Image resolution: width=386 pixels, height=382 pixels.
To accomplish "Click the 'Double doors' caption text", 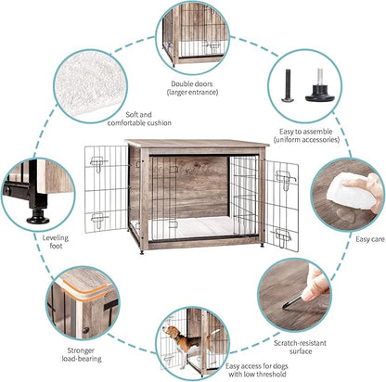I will coord(193,87).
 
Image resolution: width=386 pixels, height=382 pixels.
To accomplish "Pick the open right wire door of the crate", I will coord(282,205).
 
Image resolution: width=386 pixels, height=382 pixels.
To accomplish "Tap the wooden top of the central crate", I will coord(196,145).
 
